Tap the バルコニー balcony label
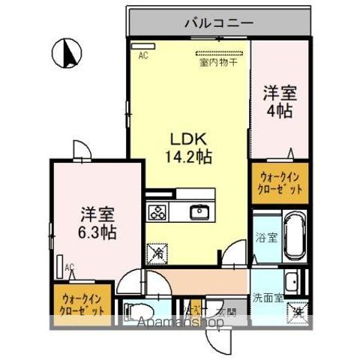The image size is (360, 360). pos(219,23)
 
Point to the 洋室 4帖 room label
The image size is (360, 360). pos(279,102)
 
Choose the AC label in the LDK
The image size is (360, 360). pos(142,55)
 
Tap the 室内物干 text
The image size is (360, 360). pos(218,63)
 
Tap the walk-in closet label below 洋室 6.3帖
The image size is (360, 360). pos(82,302)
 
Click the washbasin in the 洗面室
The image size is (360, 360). pos(294,282)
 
